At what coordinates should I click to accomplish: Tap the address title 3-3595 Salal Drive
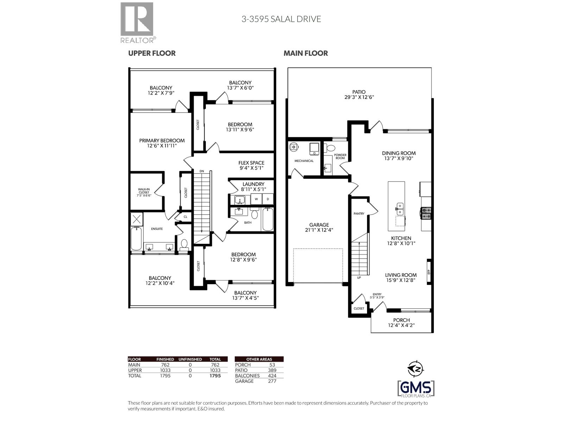tap(281, 19)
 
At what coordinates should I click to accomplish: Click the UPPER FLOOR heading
tap(152, 53)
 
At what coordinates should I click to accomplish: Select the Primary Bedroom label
tap(162, 141)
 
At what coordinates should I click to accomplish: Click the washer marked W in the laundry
tap(257, 199)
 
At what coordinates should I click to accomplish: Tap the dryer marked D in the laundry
tap(268, 199)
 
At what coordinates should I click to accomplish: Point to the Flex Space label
tap(251, 163)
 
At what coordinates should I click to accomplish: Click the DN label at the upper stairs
tap(202, 171)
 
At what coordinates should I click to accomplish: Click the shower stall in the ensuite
tap(137, 219)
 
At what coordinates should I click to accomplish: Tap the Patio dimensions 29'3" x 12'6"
tap(359, 97)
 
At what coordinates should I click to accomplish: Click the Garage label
tap(319, 225)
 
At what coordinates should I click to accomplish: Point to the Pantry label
tap(359, 214)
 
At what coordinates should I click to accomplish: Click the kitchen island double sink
tap(400, 209)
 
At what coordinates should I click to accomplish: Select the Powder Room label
tap(340, 157)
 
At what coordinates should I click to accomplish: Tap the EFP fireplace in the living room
tap(429, 271)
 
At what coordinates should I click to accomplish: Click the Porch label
tap(401, 320)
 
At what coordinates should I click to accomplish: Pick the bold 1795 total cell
tap(215, 376)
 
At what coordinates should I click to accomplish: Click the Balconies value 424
tap(272, 376)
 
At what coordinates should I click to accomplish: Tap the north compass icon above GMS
tap(416, 369)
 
